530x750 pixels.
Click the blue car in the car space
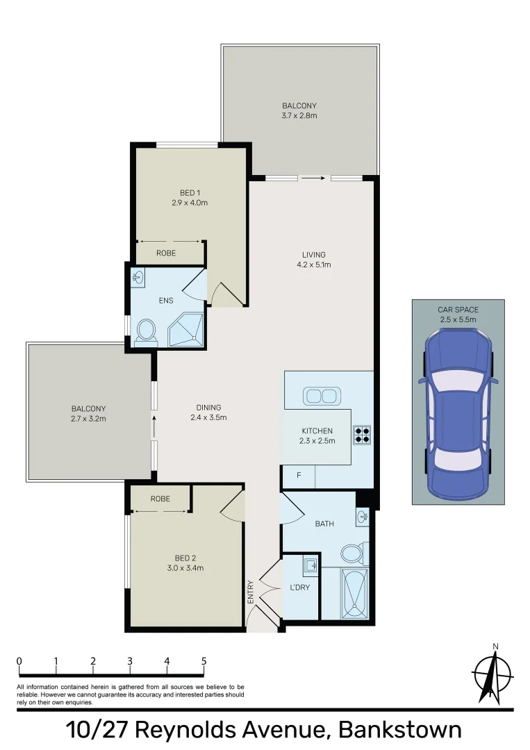pos(458,414)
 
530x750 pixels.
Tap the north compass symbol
pos(492,673)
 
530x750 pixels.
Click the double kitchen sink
pos(320,397)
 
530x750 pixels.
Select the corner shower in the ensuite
pos(186,329)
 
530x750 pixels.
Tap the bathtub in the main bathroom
pos(354,593)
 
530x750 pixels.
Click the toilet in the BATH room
pos(352,553)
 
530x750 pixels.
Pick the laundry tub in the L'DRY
pos(310,565)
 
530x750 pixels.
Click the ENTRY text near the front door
pos(251,592)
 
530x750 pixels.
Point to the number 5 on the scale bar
pos(204,661)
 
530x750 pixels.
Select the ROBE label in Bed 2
pos(160,499)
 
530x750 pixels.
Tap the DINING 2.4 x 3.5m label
pos(208,412)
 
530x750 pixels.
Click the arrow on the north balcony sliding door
pos(314,178)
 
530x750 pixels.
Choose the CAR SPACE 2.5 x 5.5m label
pos(458,315)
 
